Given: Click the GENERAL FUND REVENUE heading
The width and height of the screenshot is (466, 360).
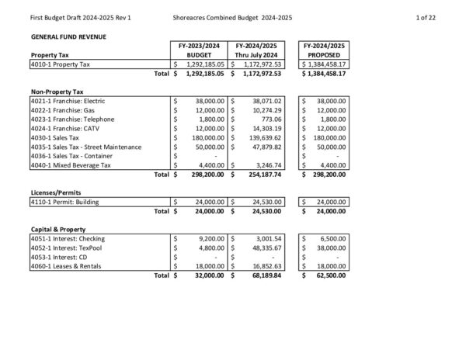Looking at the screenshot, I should click(x=68, y=36).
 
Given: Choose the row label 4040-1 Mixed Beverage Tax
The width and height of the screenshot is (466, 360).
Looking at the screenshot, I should click(x=71, y=165).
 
